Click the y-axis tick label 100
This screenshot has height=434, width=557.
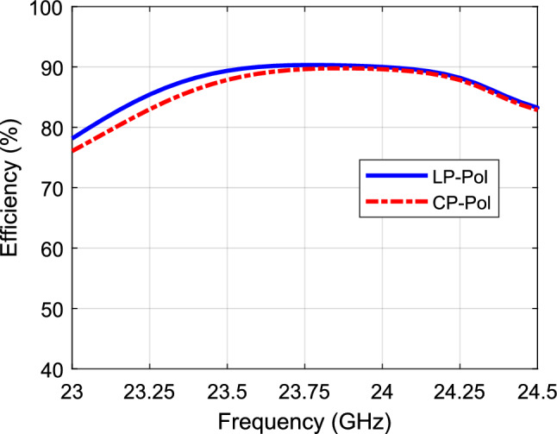[x=48, y=9]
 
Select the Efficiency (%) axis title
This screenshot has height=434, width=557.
[x=16, y=189]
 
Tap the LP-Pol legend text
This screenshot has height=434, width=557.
[x=474, y=176]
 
